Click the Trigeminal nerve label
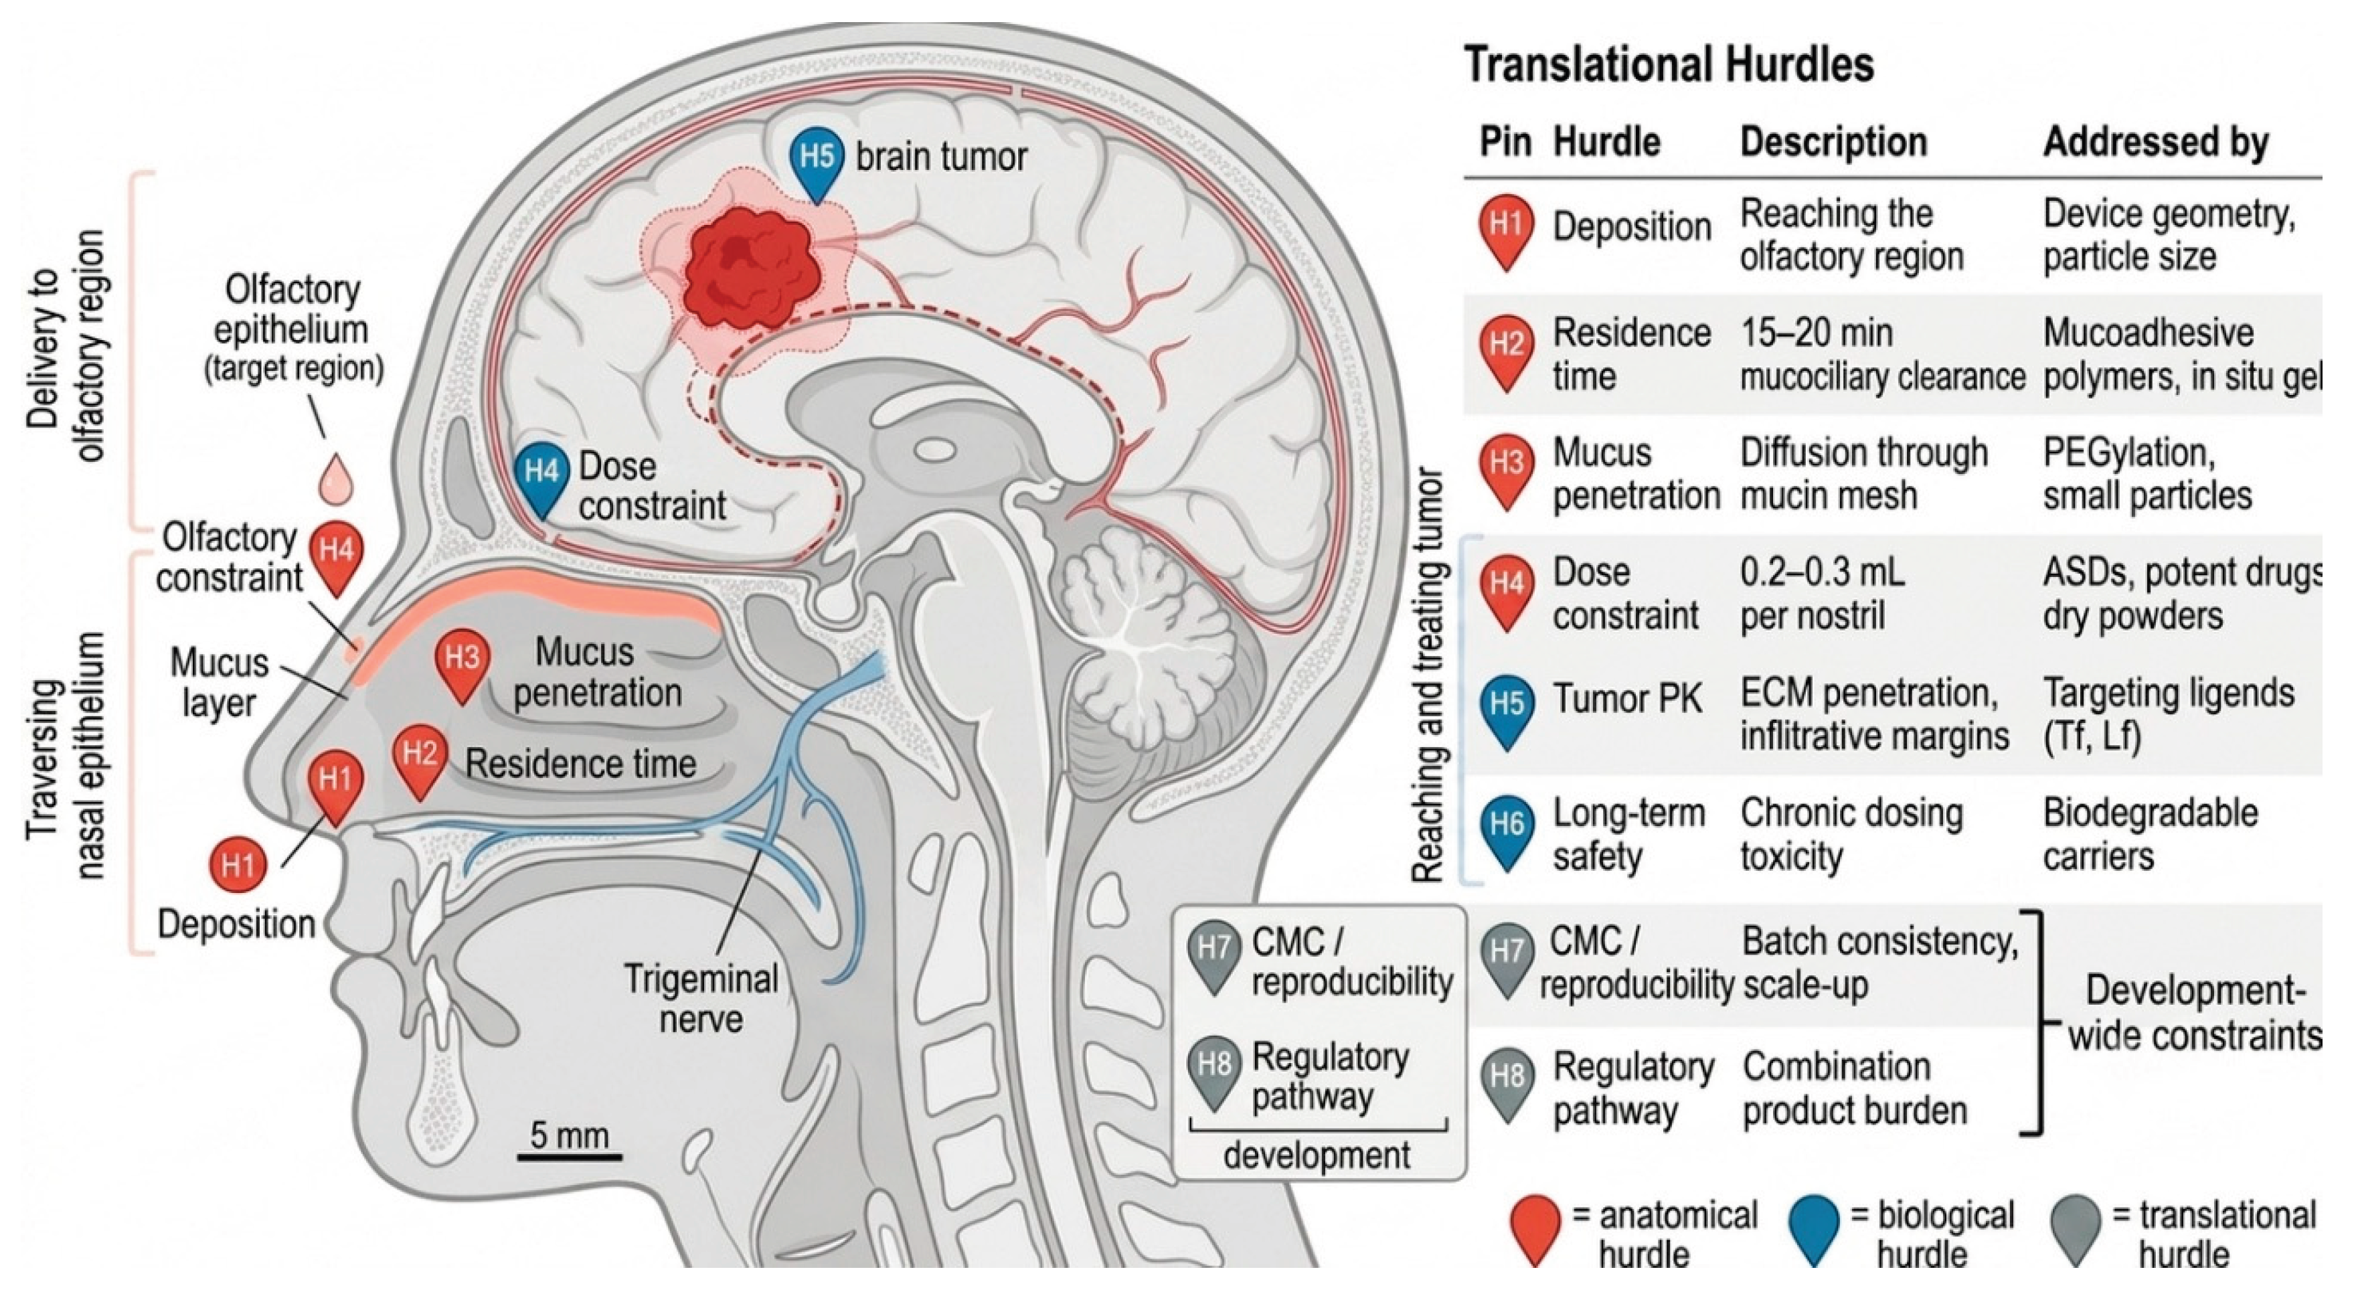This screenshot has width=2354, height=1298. click(x=701, y=998)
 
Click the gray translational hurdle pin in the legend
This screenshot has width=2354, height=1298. click(x=2078, y=1230)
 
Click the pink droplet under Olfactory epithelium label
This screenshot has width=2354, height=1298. click(x=335, y=477)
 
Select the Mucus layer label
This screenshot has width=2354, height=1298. click(x=220, y=683)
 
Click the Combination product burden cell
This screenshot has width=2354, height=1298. click(x=1855, y=1088)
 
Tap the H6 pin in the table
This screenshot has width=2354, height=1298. click(x=1506, y=833)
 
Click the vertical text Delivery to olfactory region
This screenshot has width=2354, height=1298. click(x=65, y=345)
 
